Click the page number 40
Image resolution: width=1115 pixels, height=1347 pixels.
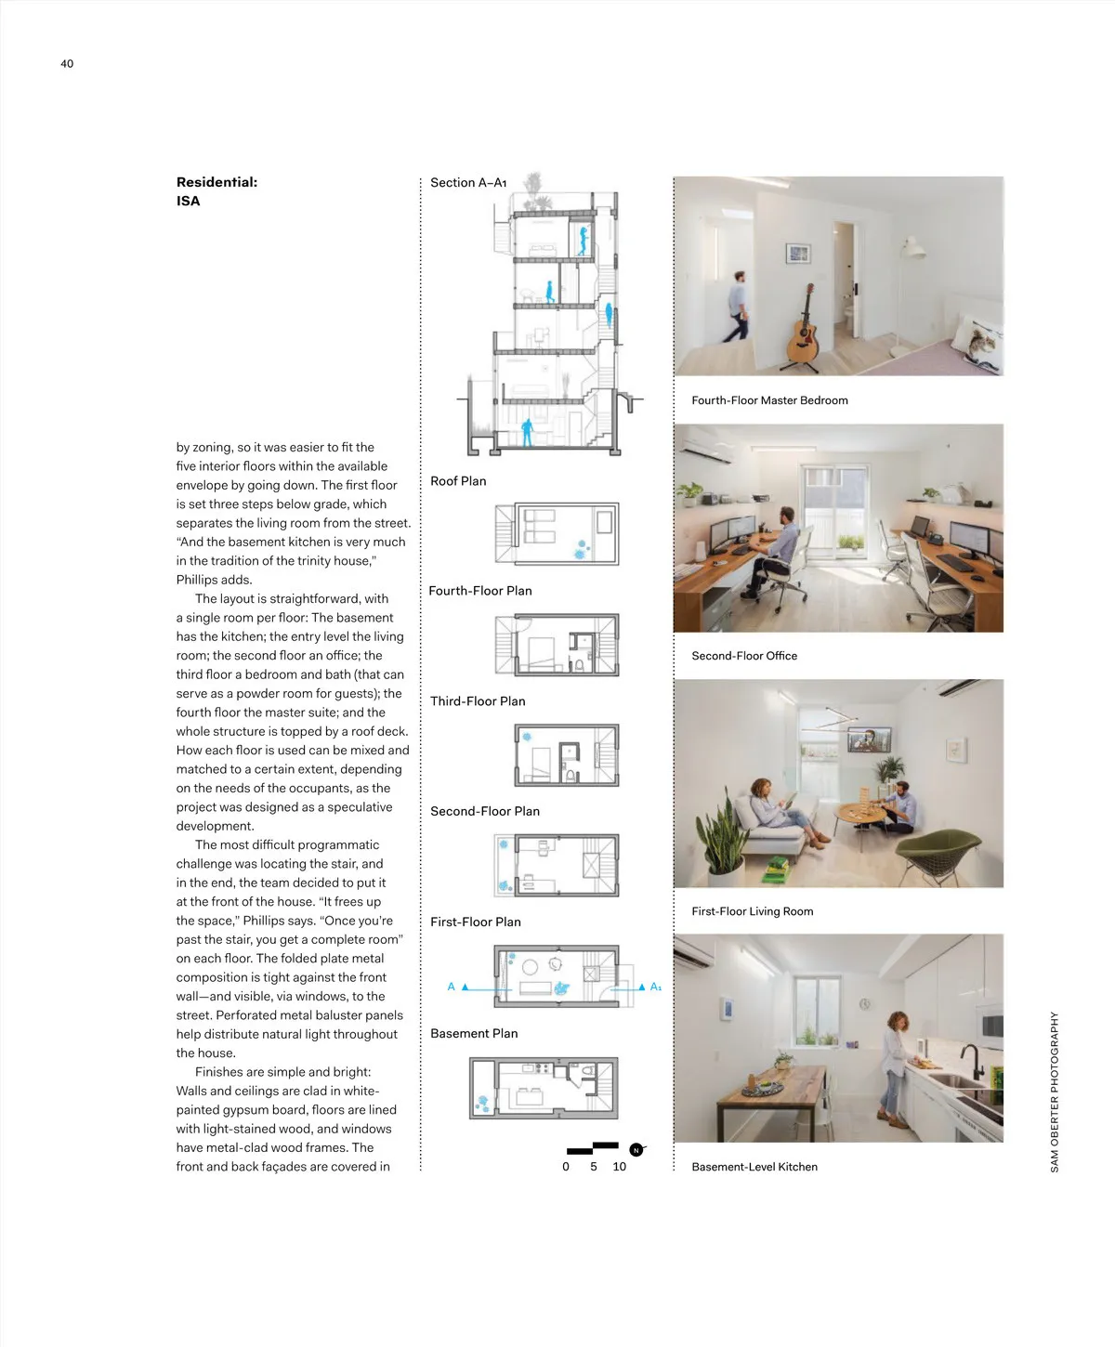67,63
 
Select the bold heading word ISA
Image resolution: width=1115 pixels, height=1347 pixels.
188,201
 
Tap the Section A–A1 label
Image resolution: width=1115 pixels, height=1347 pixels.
468,183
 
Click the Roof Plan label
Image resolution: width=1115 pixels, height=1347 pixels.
458,480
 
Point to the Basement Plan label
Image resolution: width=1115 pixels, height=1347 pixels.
474,1033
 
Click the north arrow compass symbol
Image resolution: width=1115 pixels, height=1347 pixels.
636,1150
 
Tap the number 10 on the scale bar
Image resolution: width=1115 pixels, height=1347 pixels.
620,1167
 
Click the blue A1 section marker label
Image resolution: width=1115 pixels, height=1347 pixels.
656,987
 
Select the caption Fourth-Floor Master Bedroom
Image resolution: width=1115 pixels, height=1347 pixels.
769,400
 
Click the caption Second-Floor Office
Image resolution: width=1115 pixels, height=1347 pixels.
744,656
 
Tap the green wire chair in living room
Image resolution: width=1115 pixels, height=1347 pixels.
938,848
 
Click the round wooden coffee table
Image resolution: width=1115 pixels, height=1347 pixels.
862,814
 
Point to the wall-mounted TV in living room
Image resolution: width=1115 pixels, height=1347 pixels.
869,739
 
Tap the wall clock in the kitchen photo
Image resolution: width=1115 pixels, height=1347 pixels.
865,1003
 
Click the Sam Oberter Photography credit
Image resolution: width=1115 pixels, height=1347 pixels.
1054,1092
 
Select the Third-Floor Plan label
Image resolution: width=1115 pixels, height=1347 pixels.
478,700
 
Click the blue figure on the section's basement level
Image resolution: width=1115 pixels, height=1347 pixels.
527,432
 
